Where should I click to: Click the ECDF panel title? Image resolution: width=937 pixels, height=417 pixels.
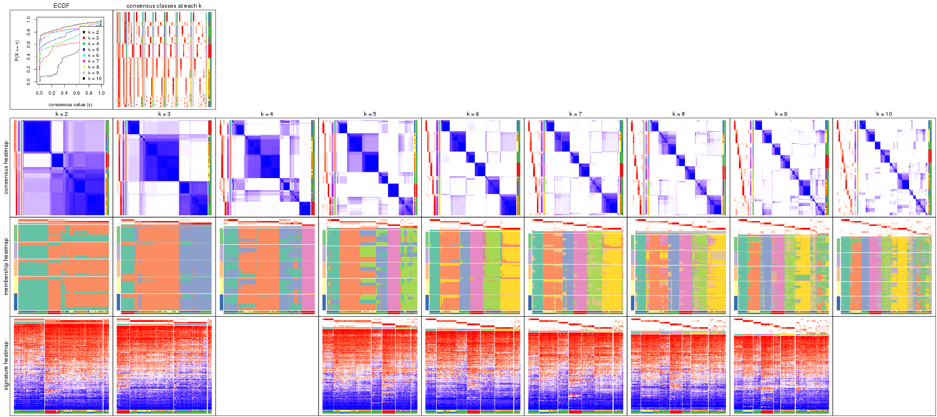coord(61,6)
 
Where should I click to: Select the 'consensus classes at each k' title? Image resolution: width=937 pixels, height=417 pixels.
coord(164,6)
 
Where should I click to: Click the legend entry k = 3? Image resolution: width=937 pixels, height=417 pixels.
coord(93,38)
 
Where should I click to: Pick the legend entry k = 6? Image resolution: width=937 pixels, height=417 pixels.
coord(93,56)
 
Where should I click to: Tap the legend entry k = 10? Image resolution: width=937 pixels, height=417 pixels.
coord(94,79)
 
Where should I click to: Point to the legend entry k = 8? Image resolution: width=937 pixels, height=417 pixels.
coord(93,67)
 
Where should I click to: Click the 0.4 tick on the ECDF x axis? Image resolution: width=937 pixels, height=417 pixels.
coord(64,93)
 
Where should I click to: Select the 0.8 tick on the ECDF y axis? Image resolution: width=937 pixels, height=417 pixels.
coord(28,32)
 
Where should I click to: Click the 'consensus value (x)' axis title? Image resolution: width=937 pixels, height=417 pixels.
coord(70,104)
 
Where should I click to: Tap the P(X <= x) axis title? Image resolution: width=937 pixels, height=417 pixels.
coord(17,51)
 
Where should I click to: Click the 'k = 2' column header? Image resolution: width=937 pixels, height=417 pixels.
coord(61,114)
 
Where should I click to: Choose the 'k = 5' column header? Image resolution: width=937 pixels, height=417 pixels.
coord(370,114)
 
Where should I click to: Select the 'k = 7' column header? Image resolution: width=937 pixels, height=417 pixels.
coord(576,114)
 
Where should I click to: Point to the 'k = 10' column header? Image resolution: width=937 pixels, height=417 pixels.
coord(884,114)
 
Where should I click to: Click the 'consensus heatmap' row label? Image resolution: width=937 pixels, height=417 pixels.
coord(6,167)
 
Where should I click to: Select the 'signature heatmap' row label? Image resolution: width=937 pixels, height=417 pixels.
coord(6,365)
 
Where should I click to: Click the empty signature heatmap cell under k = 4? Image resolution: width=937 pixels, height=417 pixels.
coord(267,365)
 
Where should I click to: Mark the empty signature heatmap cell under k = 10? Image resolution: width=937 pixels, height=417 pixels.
coord(884,365)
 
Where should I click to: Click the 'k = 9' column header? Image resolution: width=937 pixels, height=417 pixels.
coord(781,114)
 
